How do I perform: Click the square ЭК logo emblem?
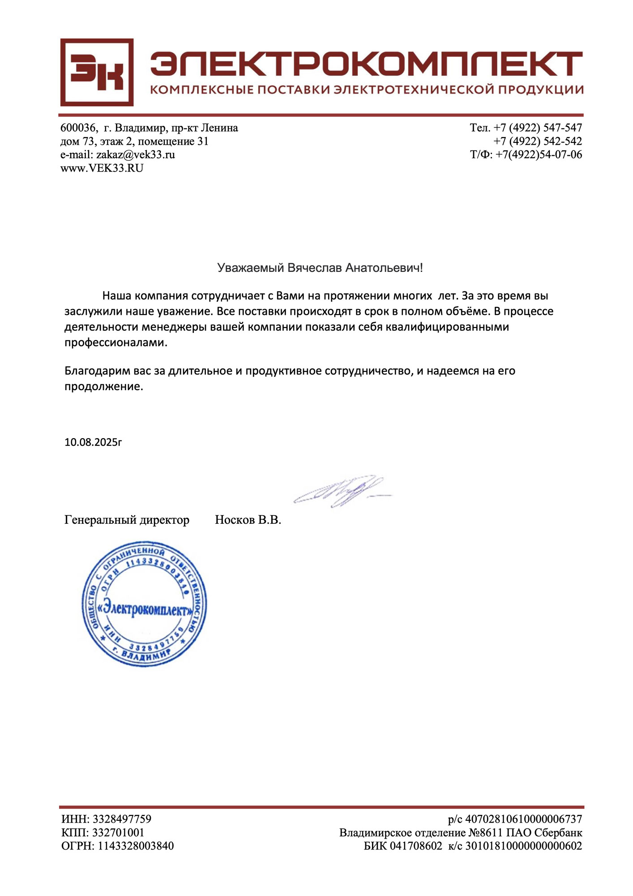97,72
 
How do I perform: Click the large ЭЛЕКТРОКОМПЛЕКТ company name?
366,63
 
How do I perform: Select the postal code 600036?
78,128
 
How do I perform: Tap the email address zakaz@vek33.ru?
135,155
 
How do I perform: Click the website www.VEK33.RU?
102,168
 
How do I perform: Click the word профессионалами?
115,343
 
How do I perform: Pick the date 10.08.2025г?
93,442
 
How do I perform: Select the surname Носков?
234,520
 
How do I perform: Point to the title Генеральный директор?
127,520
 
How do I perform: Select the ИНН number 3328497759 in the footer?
122,819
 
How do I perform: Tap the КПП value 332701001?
118,833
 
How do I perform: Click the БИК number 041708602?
415,846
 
